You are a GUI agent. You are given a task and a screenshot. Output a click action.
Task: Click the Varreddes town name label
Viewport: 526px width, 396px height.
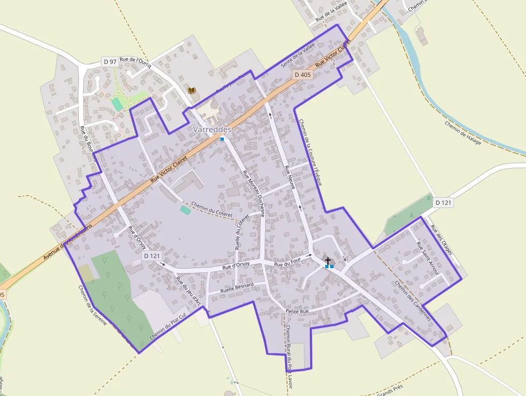[x=212, y=129]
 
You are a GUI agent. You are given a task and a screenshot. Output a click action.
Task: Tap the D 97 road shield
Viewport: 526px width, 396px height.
[x=109, y=62]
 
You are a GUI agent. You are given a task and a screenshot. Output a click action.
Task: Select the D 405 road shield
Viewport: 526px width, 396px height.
[x=303, y=75]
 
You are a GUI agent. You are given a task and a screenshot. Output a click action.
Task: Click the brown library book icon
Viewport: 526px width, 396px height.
[x=192, y=90]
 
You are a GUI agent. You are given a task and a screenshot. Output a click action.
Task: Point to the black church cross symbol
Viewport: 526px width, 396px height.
[x=328, y=261]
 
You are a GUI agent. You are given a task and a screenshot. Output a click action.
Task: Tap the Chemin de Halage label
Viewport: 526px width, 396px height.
[x=463, y=132]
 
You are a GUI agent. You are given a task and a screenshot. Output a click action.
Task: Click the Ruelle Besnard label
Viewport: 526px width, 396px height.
[x=237, y=286]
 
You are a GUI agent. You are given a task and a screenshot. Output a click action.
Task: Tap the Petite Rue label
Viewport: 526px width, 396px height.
[x=297, y=311]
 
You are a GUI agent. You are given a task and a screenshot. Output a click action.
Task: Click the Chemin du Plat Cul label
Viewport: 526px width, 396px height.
[x=167, y=329]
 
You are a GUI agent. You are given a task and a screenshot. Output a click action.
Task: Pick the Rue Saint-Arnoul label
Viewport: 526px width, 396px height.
[x=428, y=258]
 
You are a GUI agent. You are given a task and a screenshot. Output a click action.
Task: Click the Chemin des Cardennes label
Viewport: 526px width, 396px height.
[x=412, y=301]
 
